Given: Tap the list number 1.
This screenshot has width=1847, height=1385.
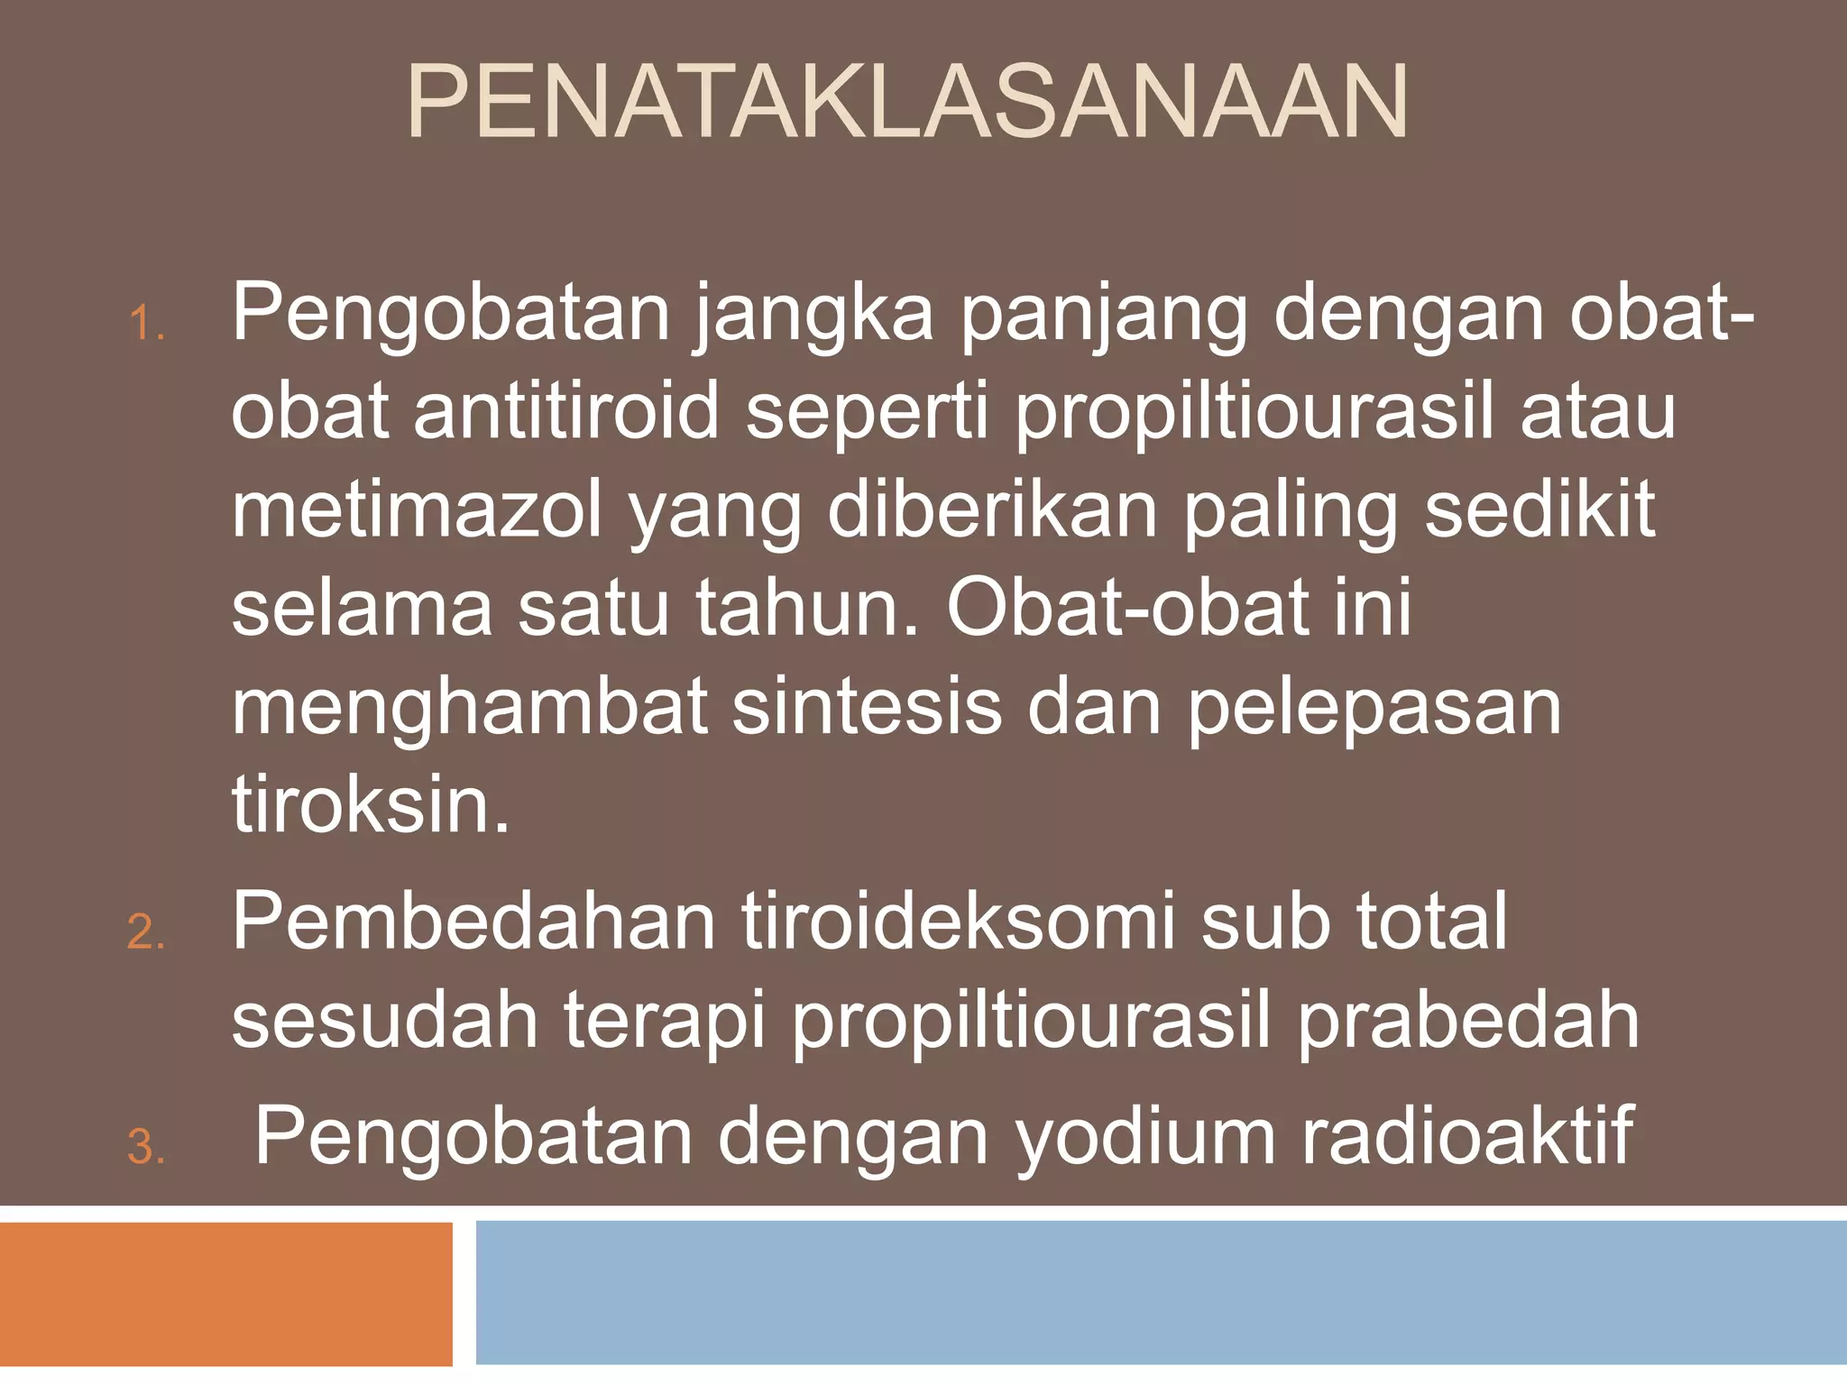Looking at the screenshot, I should [x=146, y=325].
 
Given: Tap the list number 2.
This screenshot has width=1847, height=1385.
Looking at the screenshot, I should [x=146, y=932].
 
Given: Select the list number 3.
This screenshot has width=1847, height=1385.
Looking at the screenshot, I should [x=146, y=1148].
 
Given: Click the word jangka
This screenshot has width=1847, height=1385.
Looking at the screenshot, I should [x=814, y=316].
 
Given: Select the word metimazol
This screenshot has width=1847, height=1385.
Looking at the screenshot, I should [x=417, y=510].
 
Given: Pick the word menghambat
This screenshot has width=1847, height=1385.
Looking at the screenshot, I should [x=469, y=707].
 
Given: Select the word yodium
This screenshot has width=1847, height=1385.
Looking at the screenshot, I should [x=1146, y=1138].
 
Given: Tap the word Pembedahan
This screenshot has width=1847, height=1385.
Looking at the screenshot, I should [x=474, y=922].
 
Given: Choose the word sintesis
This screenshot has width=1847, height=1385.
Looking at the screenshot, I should [x=867, y=707].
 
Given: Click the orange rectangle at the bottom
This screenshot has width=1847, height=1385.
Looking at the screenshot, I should [x=225, y=1294].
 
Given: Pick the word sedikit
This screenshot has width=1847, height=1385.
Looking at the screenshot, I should [x=1539, y=510].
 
